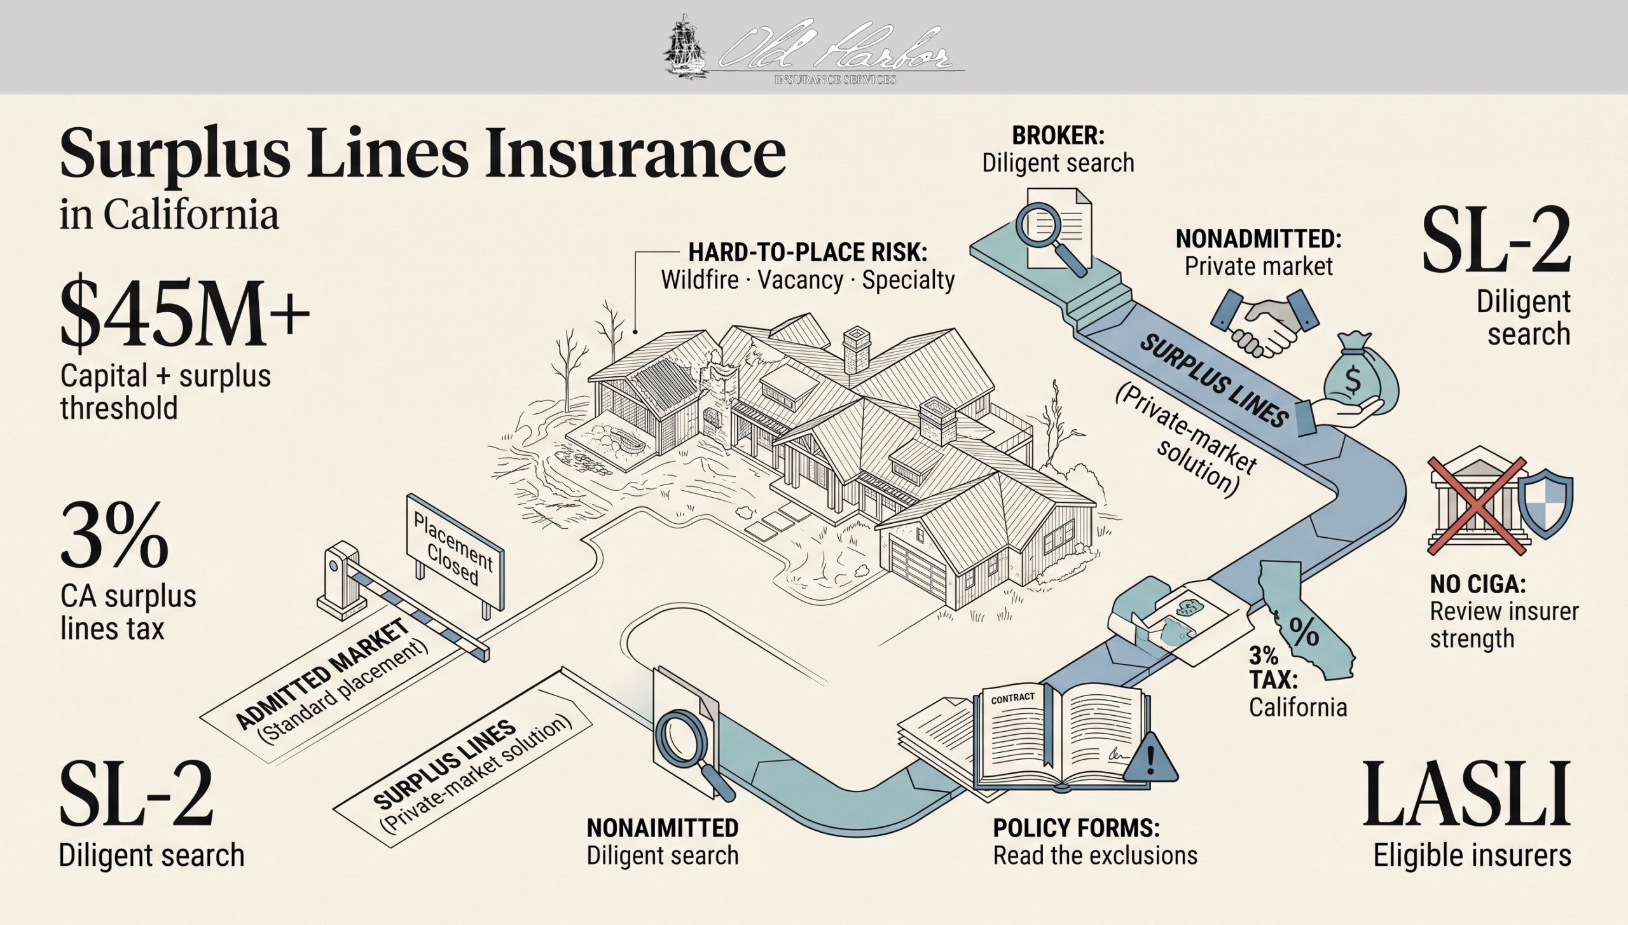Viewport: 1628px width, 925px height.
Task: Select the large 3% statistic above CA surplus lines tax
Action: coord(114,535)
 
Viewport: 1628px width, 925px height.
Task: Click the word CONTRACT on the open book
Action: coord(1013,697)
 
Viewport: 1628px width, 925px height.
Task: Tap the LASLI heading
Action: coord(1466,794)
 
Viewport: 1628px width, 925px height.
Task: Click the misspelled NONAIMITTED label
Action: coord(663,828)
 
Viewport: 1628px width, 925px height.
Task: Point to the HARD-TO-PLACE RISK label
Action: coord(808,252)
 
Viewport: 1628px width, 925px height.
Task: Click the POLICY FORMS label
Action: coord(1077,828)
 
